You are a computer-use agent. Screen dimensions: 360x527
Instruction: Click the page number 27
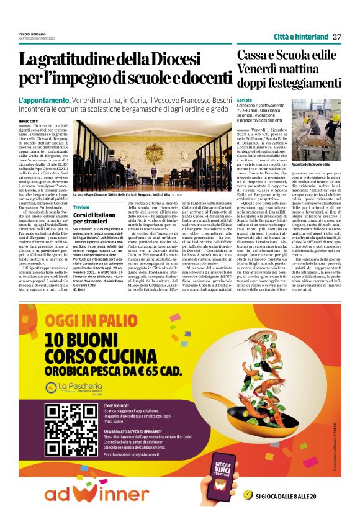coord(336,36)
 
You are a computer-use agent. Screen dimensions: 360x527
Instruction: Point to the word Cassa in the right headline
coord(253,55)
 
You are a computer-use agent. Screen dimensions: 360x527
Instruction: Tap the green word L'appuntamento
coord(44,100)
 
